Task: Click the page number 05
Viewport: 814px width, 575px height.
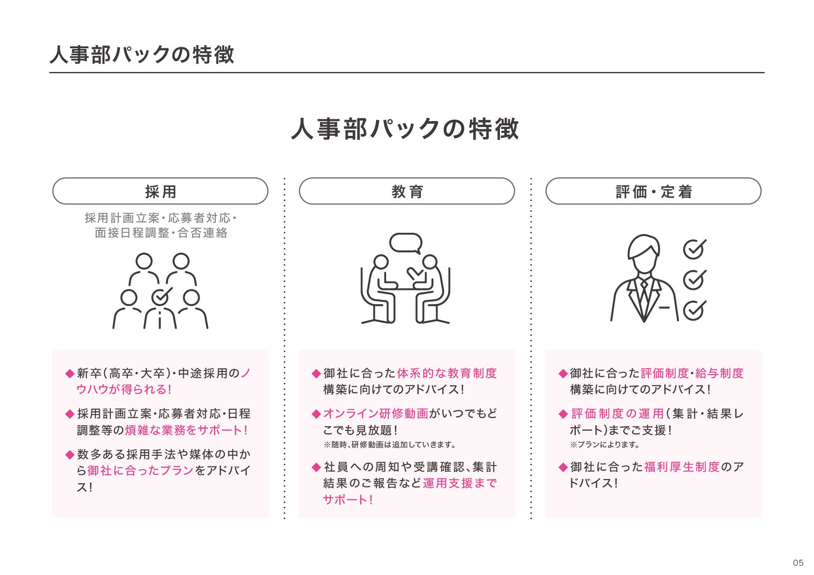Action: [798, 562]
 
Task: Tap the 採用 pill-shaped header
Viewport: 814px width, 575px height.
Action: [160, 191]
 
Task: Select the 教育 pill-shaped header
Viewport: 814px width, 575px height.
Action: [407, 191]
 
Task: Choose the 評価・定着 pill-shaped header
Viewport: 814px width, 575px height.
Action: [653, 191]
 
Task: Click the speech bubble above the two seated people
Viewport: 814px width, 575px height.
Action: [406, 243]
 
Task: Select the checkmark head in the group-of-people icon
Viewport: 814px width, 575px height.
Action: [161, 296]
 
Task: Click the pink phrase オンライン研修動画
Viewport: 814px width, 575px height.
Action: [375, 413]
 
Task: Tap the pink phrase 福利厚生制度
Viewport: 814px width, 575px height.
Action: [681, 466]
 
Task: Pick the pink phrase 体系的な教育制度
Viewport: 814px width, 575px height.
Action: [446, 373]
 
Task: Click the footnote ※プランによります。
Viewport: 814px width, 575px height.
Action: [605, 445]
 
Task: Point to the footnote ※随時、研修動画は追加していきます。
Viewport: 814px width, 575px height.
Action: [389, 445]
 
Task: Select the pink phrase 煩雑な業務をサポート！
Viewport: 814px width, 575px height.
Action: [187, 430]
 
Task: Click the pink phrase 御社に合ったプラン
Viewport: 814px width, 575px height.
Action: [140, 470]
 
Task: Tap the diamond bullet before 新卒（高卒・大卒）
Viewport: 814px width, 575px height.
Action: [70, 373]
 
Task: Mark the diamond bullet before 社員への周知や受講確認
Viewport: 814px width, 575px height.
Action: [317, 467]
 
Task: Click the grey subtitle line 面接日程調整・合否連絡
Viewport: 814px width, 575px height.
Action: [161, 233]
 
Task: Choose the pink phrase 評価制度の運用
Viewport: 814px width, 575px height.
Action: [617, 413]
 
